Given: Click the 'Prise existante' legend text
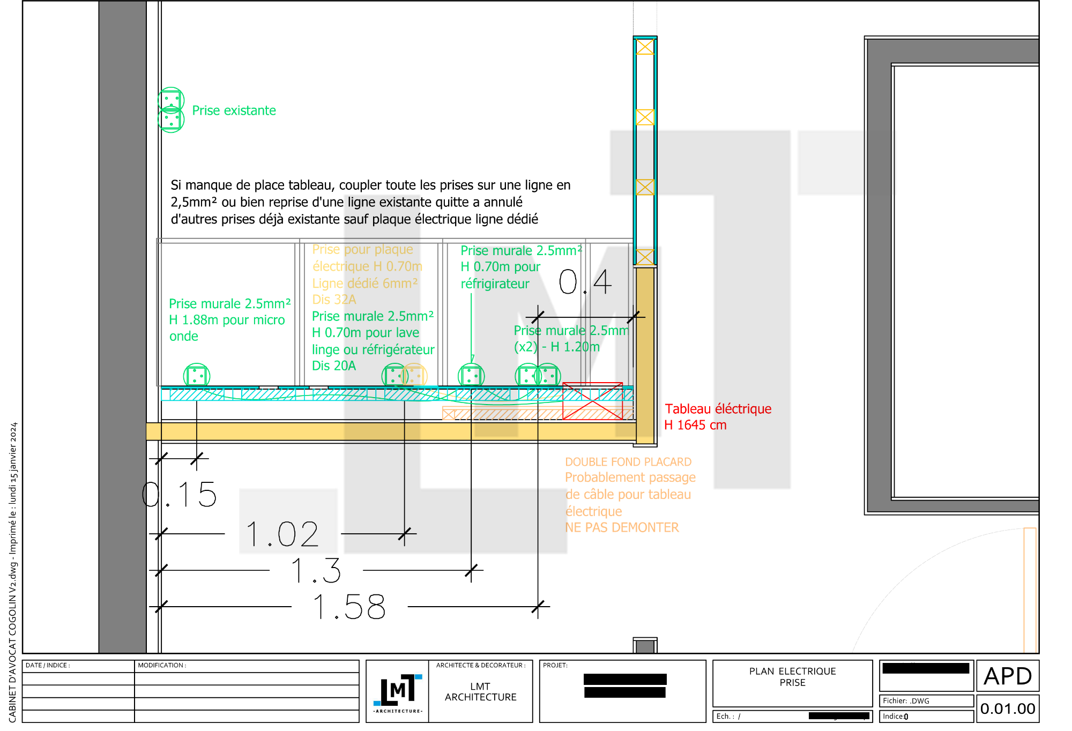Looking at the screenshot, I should [234, 110].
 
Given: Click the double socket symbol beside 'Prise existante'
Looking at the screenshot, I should [171, 110].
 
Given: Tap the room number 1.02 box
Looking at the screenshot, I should [288, 520].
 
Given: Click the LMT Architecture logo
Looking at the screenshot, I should [397, 691].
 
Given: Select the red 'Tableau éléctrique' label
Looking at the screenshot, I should [718, 409].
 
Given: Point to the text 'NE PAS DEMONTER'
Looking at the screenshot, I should [622, 527].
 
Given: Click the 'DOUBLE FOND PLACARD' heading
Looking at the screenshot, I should [628, 462].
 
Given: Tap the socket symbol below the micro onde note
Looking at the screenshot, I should [197, 375].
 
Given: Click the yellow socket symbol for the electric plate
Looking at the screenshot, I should [414, 375].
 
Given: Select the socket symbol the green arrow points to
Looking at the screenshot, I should [471, 375].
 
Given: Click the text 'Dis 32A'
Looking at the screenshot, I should [334, 300].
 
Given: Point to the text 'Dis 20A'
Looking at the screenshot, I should [333, 366].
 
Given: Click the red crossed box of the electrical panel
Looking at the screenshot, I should [592, 401].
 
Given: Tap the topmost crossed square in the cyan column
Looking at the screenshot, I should [645, 47].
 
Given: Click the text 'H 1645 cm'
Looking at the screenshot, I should [695, 426].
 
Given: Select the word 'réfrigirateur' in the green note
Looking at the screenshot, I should [495, 284].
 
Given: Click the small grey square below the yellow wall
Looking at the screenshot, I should [645, 647].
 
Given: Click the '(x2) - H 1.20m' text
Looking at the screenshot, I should [556, 347].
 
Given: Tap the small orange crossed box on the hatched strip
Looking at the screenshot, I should [449, 414].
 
